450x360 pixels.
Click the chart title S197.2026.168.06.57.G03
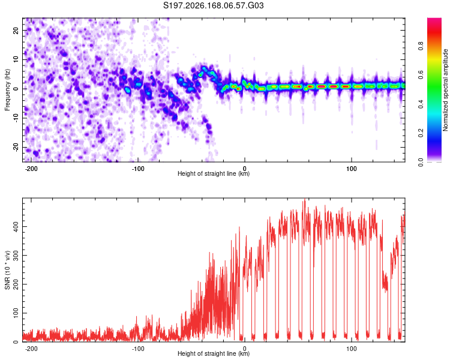213,5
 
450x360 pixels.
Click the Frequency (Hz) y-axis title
7,90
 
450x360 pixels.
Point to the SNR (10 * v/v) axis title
7,270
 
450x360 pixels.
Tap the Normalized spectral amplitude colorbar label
445,90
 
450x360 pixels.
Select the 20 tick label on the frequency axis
16,31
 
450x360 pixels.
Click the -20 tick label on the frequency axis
16,148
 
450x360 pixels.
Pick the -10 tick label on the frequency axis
16,118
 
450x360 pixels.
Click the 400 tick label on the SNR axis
16,226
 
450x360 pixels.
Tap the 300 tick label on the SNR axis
16,255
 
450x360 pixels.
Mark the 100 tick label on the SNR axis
16,313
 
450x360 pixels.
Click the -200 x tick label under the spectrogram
31,169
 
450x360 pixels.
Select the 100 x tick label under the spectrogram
351,169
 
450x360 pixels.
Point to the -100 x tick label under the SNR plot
138,349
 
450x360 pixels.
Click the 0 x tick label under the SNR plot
245,349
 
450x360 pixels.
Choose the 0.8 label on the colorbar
421,46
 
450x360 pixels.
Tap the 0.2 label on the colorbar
421,133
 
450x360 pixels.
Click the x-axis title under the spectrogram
214,173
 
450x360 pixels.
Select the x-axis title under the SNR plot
214,353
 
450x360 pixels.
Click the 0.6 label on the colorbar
421,75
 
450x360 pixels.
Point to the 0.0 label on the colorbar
421,162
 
